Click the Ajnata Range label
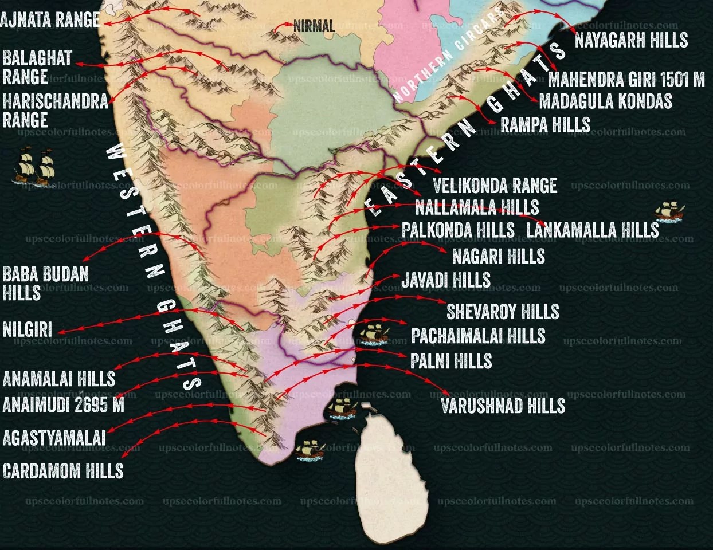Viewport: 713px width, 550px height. (x=50, y=19)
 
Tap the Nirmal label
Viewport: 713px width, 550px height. (x=314, y=25)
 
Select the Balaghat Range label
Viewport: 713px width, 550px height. (x=37, y=67)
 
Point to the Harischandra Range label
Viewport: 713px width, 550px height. (x=55, y=111)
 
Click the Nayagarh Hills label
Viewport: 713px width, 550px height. (x=631, y=40)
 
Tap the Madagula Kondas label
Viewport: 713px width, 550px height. (x=605, y=101)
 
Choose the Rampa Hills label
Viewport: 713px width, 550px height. (x=545, y=124)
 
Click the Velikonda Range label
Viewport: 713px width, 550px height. (x=495, y=186)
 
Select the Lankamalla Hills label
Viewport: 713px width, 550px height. (x=593, y=230)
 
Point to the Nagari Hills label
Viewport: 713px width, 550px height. (x=498, y=256)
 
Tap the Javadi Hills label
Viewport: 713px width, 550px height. (x=446, y=280)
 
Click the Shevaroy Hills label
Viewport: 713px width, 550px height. (x=503, y=312)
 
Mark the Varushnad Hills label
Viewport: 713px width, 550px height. (x=503, y=406)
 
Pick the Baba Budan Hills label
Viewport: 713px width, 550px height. (x=45, y=283)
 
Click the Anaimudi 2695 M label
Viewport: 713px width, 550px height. (x=63, y=405)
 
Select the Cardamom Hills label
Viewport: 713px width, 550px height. (x=63, y=471)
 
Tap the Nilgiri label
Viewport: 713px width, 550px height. (x=27, y=329)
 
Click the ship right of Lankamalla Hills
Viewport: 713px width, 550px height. (x=669, y=211)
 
